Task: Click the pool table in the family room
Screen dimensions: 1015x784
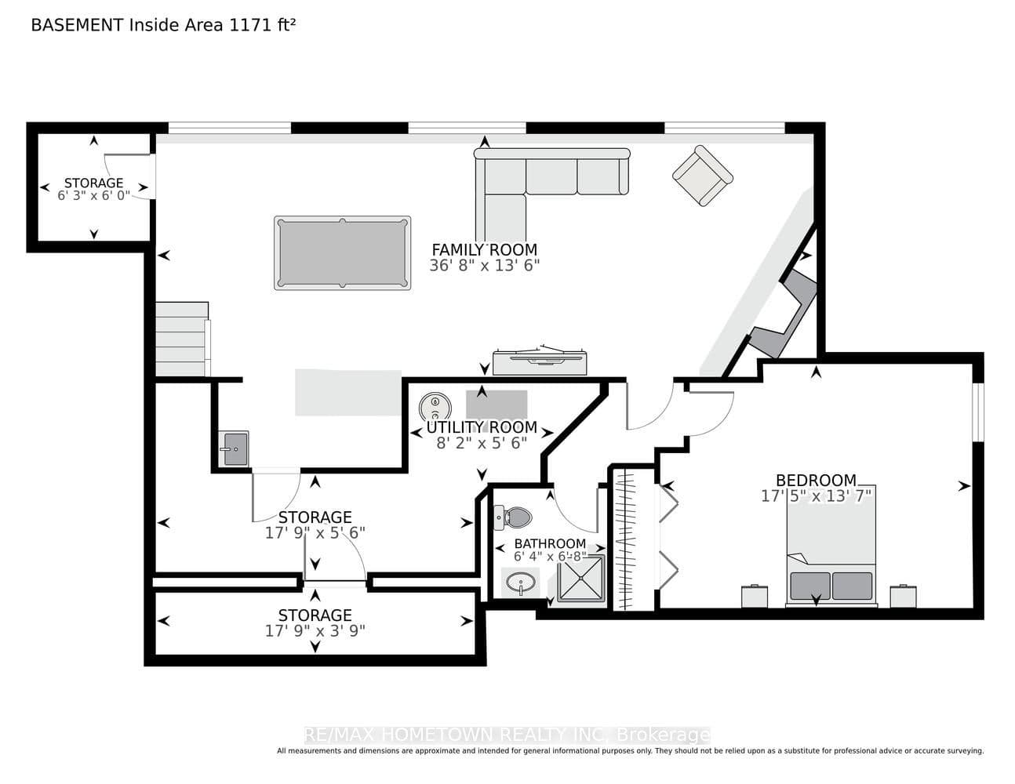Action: [342, 252]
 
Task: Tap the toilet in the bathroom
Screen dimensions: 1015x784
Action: [513, 517]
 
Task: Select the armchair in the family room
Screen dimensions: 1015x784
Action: [703, 176]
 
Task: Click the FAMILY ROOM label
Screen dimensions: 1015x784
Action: [485, 249]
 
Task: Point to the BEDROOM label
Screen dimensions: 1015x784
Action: [816, 480]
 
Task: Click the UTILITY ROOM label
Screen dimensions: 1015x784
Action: [482, 427]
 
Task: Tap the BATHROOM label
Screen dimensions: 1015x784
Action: [550, 543]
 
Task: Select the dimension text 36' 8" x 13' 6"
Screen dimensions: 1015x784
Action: [485, 266]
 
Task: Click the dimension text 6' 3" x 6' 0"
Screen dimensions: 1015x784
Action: [93, 195]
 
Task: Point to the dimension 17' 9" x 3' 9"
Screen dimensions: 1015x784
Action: [315, 631]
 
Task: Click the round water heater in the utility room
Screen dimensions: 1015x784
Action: [435, 406]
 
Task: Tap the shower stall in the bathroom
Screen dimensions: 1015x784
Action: [581, 578]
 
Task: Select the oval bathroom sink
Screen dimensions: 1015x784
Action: [520, 583]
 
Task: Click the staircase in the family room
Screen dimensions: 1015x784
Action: [183, 339]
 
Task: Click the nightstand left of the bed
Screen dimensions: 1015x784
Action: [755, 597]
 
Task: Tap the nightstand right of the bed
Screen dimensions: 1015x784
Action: [903, 597]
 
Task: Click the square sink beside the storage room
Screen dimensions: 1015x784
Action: [234, 448]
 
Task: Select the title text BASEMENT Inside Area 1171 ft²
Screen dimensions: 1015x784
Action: [163, 25]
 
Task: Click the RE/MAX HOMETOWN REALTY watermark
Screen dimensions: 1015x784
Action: [507, 735]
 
